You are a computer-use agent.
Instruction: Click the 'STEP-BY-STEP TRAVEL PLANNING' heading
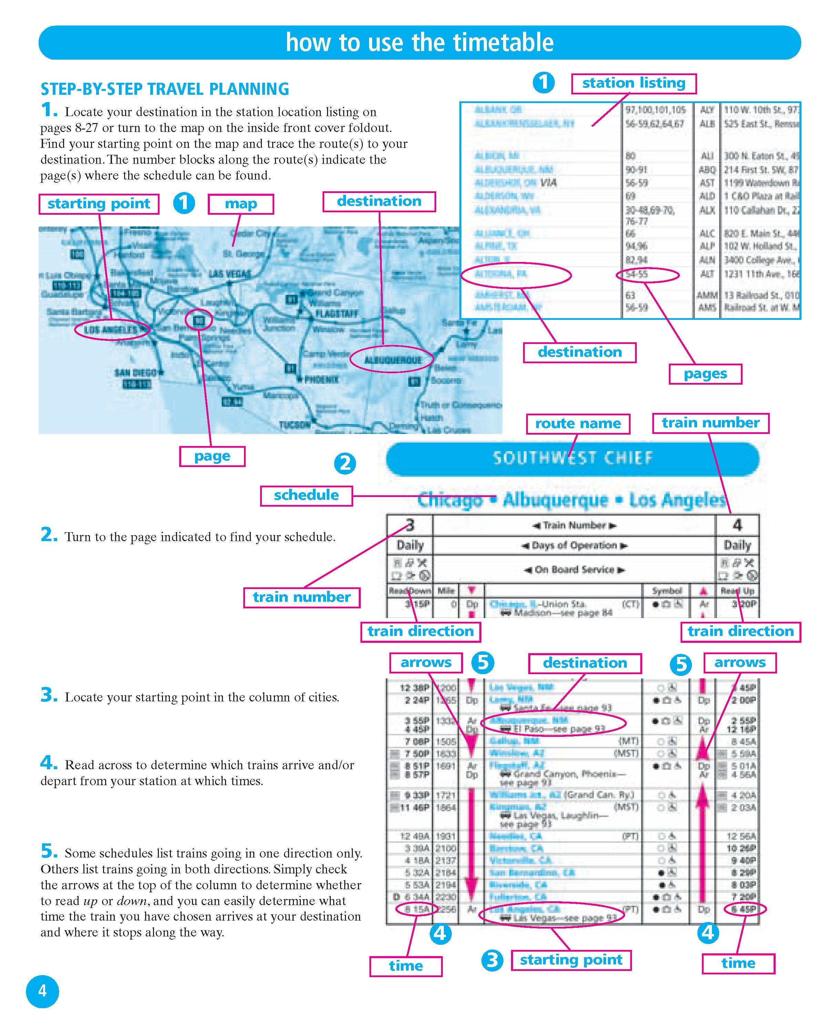point(164,89)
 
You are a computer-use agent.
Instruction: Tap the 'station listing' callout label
point(633,83)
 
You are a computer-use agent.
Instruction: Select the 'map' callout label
point(241,204)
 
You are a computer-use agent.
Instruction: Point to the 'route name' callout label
point(578,424)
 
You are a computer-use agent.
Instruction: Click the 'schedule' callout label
point(306,495)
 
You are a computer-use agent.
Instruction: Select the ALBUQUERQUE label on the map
point(392,360)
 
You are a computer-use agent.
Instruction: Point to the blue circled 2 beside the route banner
point(345,464)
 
